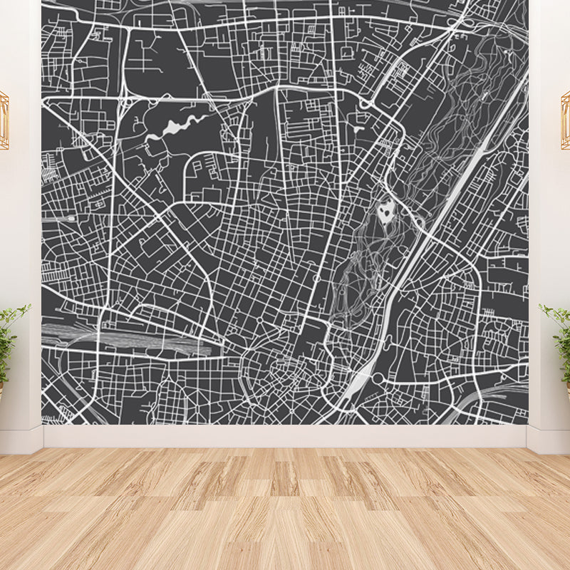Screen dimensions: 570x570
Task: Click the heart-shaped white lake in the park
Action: coord(385,212)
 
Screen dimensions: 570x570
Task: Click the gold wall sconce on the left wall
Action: coord(4,119)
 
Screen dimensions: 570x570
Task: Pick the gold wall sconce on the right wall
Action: coord(566,119)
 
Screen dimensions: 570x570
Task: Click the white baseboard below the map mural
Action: coord(285,436)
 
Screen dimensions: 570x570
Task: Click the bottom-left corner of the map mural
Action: coord(43,424)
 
